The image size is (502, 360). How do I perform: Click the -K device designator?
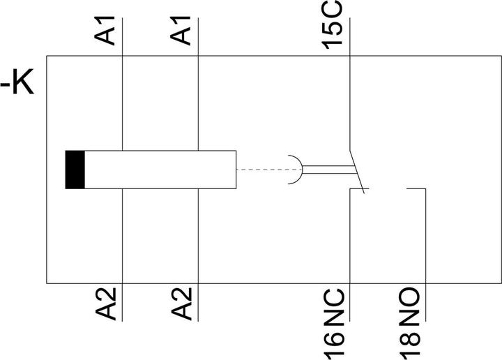17,82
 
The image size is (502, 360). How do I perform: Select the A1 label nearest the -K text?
105,31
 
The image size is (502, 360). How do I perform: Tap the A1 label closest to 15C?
181,31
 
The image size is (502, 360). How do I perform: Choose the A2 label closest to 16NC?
181,303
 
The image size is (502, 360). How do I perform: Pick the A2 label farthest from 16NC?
106,303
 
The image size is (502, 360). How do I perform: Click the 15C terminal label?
332,25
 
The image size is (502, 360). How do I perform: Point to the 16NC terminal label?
334,324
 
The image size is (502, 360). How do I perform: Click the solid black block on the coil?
75,170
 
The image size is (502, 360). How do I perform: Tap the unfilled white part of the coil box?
160,170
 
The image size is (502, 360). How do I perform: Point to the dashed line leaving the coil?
269,170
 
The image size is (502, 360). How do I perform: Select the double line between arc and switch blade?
329,170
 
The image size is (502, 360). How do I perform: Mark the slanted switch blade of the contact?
357,172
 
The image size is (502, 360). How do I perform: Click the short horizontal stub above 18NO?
416,188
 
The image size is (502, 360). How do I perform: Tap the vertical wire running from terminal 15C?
349,84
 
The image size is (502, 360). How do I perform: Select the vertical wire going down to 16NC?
349,255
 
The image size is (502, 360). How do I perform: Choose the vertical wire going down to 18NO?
425,255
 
